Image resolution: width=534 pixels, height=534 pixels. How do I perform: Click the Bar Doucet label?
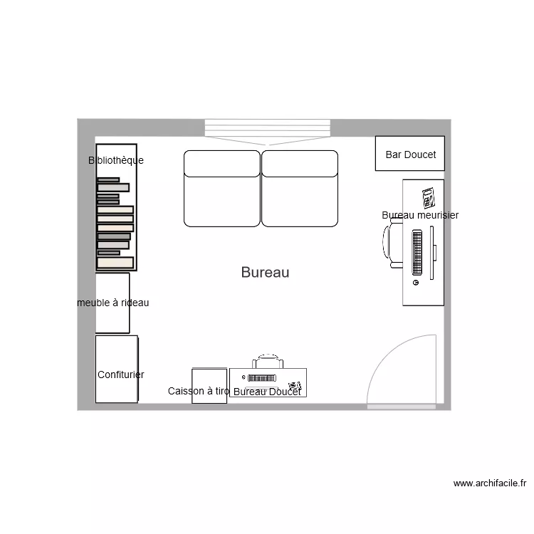pos(410,155)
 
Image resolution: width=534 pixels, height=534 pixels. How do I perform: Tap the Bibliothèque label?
pos(116,160)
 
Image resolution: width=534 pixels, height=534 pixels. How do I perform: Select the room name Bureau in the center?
pos(265,272)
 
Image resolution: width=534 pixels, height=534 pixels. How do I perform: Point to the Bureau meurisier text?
pos(420,215)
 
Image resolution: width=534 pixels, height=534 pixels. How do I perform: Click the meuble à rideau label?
pos(113,303)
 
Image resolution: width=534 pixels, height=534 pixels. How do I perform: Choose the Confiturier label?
pos(121,375)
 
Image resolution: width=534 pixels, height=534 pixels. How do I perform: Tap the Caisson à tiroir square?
pos(209,385)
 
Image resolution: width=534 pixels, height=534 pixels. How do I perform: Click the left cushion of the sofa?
pos(222,189)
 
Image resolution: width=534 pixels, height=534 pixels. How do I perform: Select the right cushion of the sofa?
pos(299,189)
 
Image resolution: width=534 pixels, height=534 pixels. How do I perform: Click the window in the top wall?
pos(268,128)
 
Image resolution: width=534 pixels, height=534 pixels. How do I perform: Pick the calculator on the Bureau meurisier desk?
pos(429,197)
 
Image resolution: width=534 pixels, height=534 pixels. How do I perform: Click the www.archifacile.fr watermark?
pos(490,483)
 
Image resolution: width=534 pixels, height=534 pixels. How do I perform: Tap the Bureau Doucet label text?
pos(267,392)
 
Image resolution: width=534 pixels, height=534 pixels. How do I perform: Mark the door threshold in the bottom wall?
pos(402,407)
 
